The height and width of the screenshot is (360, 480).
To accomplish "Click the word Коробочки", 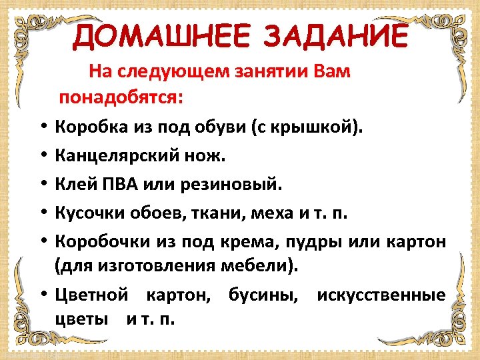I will [103, 241].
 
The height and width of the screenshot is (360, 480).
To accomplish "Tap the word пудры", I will [313, 241].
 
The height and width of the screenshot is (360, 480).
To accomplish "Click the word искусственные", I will [381, 295].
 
